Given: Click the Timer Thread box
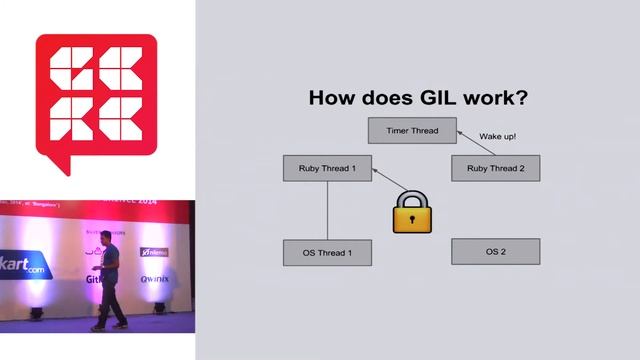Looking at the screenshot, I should click(411, 131).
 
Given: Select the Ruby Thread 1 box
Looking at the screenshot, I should click(327, 168).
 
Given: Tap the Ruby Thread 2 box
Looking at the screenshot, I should click(495, 168).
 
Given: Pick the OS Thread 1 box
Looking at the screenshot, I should click(327, 253).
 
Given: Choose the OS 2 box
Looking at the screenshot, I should click(495, 251).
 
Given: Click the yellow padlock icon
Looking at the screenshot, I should click(410, 212).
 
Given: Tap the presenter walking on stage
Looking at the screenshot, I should click(111, 285).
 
